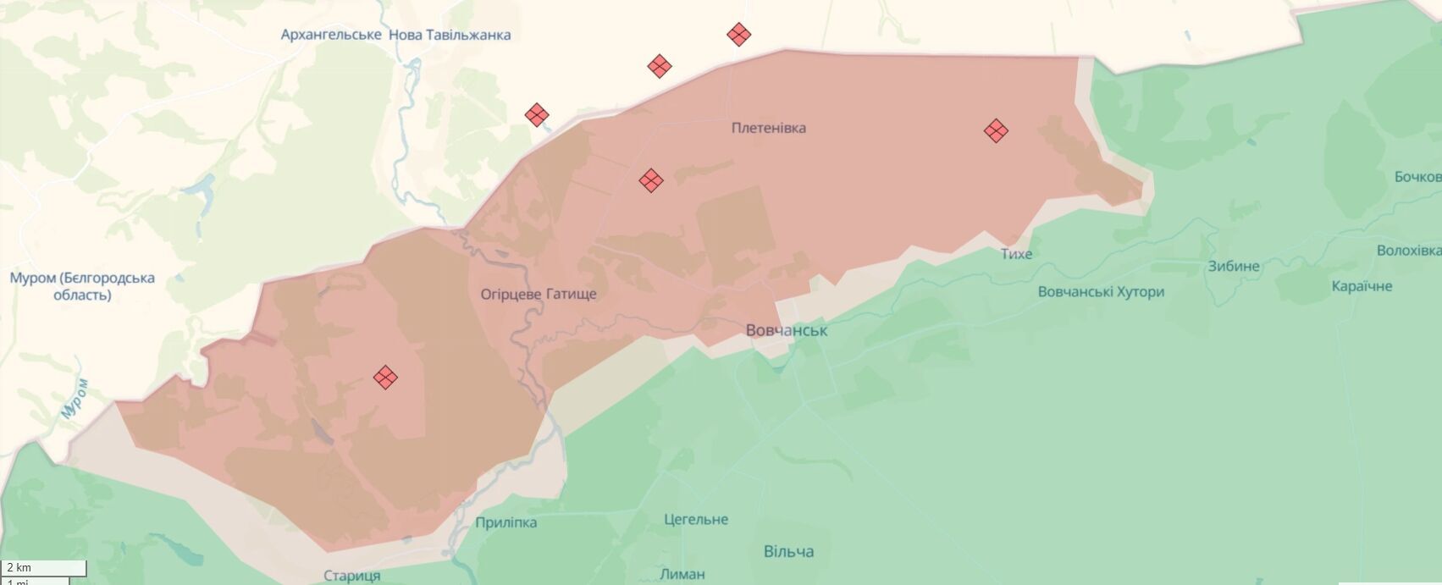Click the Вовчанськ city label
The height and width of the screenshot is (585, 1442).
click(x=787, y=330)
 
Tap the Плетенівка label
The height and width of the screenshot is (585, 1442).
click(x=769, y=128)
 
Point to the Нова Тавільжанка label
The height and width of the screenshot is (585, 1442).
click(x=450, y=35)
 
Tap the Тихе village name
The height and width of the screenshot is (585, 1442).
click(x=1016, y=253)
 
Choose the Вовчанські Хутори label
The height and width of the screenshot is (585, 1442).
click(x=1101, y=291)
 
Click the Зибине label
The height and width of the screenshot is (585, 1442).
click(x=1234, y=266)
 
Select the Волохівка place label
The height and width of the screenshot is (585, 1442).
click(x=1408, y=251)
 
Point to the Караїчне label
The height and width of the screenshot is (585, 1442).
click(x=1362, y=286)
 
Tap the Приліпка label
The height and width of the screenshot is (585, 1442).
click(x=506, y=522)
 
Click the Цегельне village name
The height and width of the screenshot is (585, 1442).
click(x=696, y=519)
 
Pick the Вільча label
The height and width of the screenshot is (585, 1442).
click(x=788, y=551)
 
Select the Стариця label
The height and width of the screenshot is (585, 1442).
click(x=352, y=576)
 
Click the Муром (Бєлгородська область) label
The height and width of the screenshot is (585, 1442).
click(x=82, y=286)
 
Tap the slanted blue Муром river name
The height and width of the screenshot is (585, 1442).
click(x=75, y=397)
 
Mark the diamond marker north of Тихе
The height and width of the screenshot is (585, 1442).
click(x=996, y=130)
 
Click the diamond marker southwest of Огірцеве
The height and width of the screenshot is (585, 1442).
click(x=385, y=377)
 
